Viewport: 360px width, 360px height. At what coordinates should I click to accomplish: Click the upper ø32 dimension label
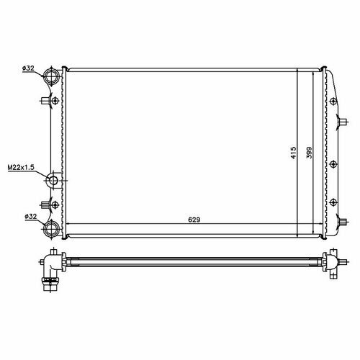(28, 68)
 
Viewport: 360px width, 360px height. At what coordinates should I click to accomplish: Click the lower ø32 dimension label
(31, 217)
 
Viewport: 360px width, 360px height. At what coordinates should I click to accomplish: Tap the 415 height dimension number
(294, 153)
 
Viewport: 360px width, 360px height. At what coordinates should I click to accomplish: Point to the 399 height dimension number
(310, 153)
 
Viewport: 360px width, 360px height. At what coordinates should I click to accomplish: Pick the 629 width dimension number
(194, 220)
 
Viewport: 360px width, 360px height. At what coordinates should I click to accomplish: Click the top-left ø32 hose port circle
(51, 76)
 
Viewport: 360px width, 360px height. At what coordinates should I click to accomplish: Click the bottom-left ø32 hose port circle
(51, 229)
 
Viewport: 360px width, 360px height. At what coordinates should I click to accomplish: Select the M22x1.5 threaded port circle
(53, 180)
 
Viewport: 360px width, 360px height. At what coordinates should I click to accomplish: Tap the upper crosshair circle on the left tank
(55, 100)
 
